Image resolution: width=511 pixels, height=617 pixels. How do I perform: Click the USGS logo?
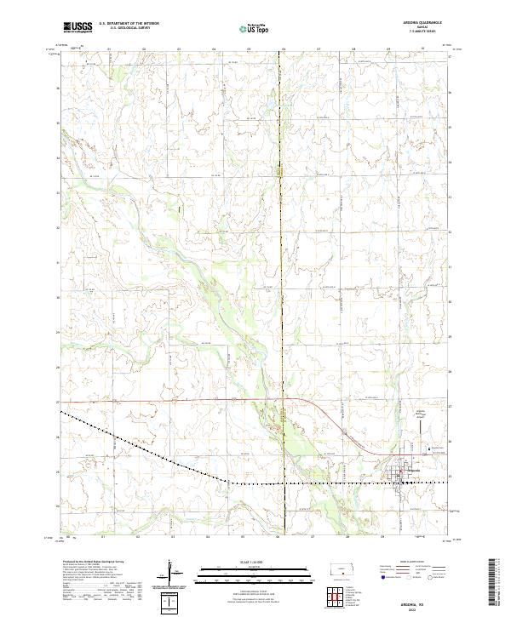[x=77, y=28]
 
